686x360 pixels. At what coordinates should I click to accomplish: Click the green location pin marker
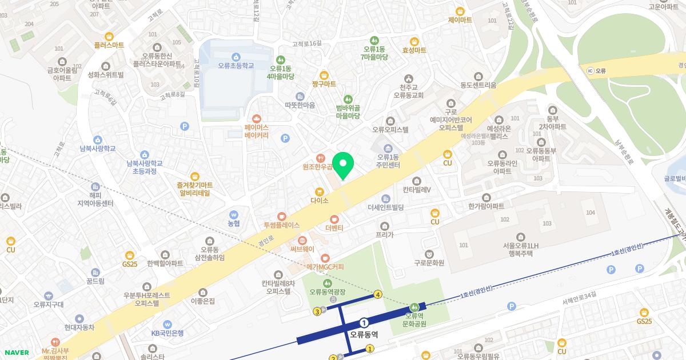(x=343, y=166)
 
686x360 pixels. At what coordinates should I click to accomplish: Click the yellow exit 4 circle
(x=378, y=295)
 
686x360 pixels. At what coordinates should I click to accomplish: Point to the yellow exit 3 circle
(x=317, y=311)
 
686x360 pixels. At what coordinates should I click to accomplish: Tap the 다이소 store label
(x=319, y=201)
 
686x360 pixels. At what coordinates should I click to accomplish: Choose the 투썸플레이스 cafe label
(x=281, y=225)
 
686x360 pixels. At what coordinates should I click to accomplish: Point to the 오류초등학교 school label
(x=236, y=65)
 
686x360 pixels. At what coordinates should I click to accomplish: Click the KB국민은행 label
(x=167, y=333)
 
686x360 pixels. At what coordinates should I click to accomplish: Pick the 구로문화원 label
(x=429, y=263)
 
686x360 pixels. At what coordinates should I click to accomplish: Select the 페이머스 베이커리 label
(x=256, y=131)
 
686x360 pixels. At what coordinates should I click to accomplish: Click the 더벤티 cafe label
(x=334, y=227)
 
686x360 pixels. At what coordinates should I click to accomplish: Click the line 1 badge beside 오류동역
(x=364, y=323)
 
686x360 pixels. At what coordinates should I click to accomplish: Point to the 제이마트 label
(x=460, y=19)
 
